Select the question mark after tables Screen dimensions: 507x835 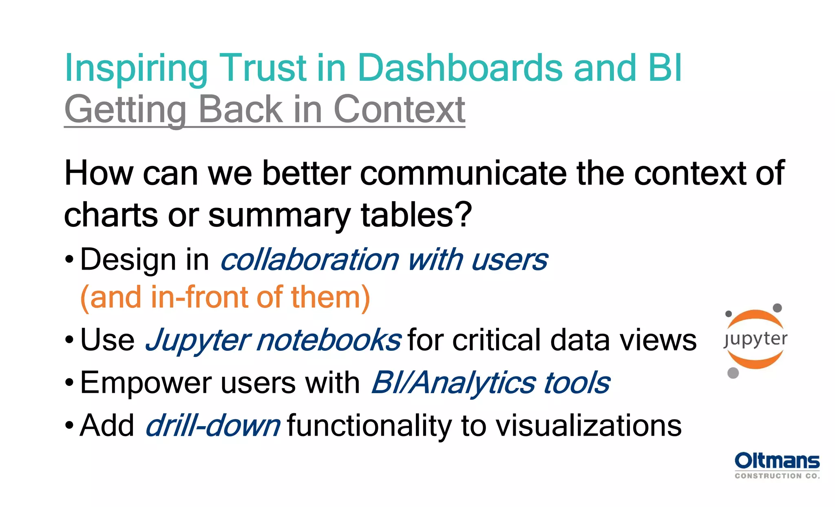click(464, 215)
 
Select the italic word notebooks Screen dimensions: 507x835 click(329, 340)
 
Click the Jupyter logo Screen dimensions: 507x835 click(755, 340)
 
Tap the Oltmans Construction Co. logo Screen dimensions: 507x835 click(777, 465)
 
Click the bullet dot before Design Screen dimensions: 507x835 click(69, 259)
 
